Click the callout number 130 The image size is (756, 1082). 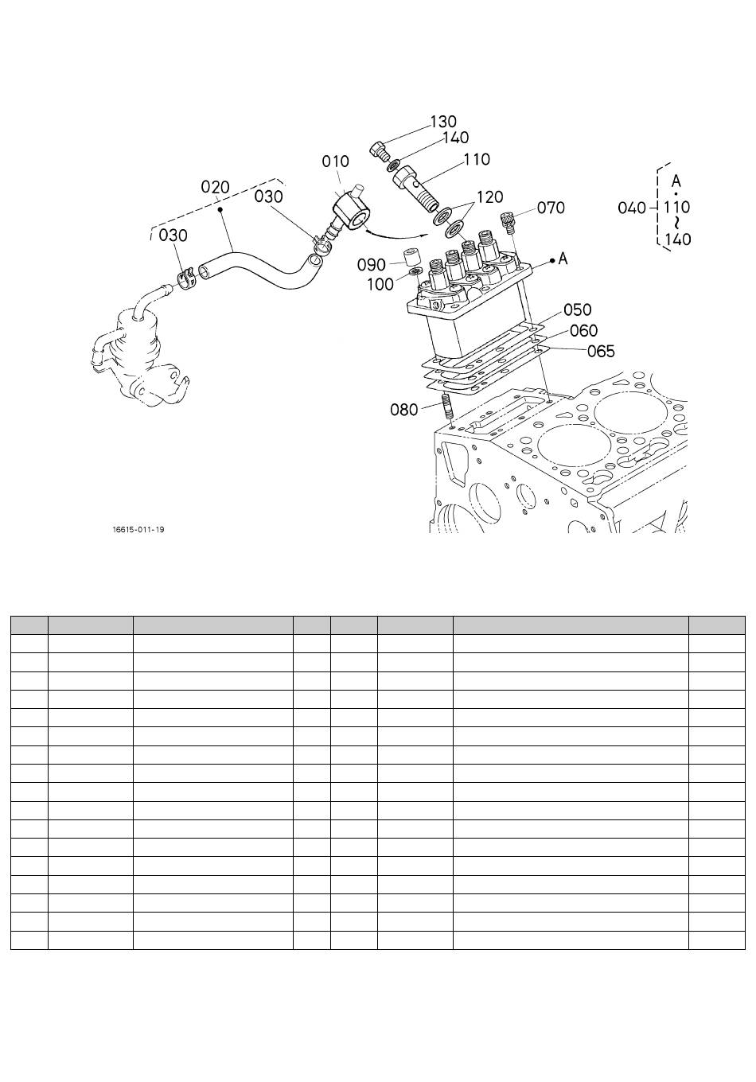443,121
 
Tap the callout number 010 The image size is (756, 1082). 335,162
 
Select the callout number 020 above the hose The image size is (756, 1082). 215,187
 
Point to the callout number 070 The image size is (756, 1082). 551,208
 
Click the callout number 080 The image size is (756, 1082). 403,410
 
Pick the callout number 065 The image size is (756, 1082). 601,351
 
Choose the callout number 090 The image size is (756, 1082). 371,265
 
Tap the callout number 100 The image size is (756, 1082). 380,285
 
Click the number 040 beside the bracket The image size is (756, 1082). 632,208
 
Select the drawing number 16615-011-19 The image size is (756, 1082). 138,530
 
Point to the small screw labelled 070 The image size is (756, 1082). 508,222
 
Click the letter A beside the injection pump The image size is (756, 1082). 563,259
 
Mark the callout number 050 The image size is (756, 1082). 577,309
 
